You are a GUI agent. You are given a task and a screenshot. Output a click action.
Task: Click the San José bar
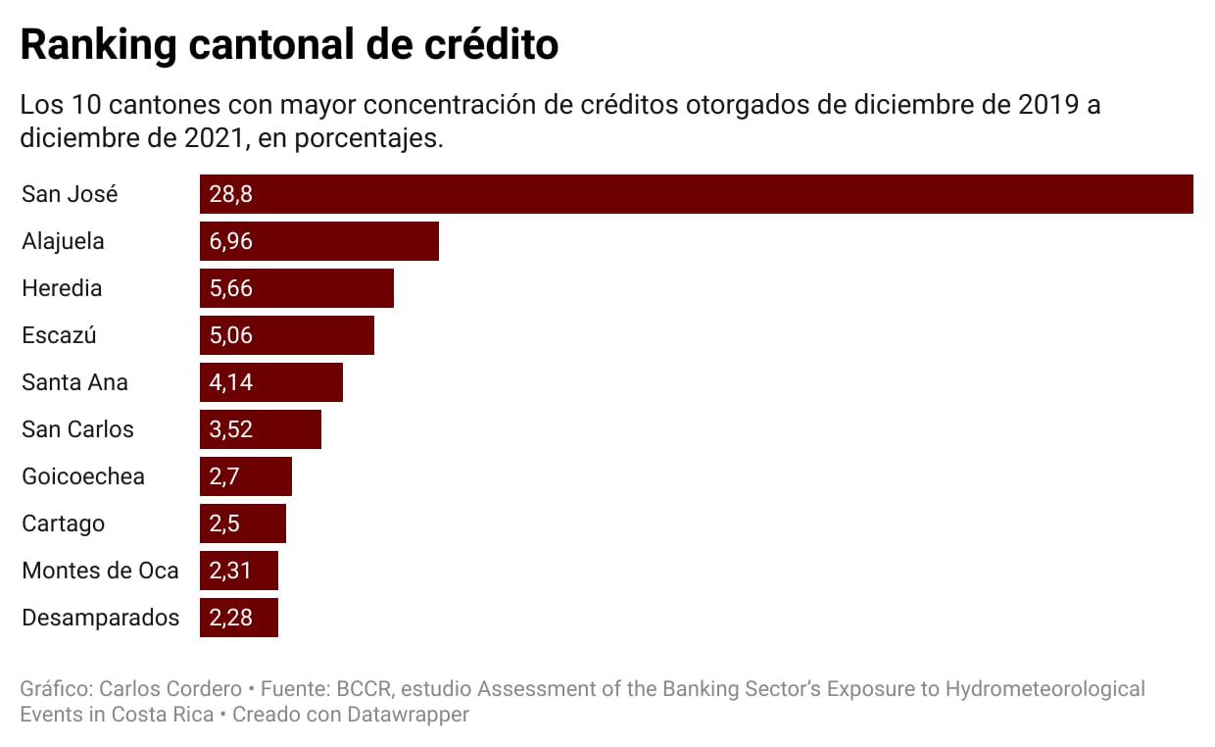696,194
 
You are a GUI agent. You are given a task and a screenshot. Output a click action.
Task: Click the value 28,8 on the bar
231,194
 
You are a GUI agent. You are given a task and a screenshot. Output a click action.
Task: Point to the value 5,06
231,335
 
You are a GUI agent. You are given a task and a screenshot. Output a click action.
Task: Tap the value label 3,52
231,429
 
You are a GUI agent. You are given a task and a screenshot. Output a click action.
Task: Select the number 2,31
231,571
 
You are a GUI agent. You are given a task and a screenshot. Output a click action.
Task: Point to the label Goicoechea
83,476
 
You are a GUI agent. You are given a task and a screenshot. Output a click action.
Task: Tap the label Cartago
63,523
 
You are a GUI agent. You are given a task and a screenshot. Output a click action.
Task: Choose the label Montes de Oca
100,571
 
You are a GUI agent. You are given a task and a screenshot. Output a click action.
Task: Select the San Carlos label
77,429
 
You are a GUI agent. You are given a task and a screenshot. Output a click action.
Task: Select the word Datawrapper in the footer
408,715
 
